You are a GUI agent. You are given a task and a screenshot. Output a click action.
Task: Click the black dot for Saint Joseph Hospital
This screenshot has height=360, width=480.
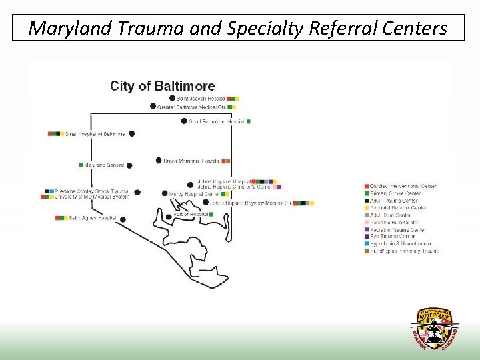(x=172, y=98)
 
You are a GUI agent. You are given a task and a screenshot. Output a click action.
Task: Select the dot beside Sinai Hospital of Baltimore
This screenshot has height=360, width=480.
(x=131, y=134)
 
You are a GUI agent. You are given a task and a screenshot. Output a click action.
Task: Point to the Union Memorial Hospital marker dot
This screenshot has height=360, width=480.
(x=159, y=161)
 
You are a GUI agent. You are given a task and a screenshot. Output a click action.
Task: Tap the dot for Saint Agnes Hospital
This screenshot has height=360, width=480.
(x=123, y=218)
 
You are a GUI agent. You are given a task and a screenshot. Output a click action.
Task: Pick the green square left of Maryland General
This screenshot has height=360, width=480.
(x=81, y=165)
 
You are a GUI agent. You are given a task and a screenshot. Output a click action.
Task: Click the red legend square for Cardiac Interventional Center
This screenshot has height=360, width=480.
(x=366, y=186)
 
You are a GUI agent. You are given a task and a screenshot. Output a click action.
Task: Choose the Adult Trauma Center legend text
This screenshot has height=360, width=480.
(x=394, y=201)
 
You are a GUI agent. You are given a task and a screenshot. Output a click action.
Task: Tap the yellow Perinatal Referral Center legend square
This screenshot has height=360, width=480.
(x=366, y=208)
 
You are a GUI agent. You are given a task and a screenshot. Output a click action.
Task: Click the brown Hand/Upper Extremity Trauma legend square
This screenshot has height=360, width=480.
(x=366, y=251)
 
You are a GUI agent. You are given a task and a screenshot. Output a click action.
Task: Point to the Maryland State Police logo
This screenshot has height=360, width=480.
(x=434, y=328)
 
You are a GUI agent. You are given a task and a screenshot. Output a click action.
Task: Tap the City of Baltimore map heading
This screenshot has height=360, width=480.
(x=163, y=86)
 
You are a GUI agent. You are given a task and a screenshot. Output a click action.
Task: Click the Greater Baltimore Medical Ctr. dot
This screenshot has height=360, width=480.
(x=153, y=107)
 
